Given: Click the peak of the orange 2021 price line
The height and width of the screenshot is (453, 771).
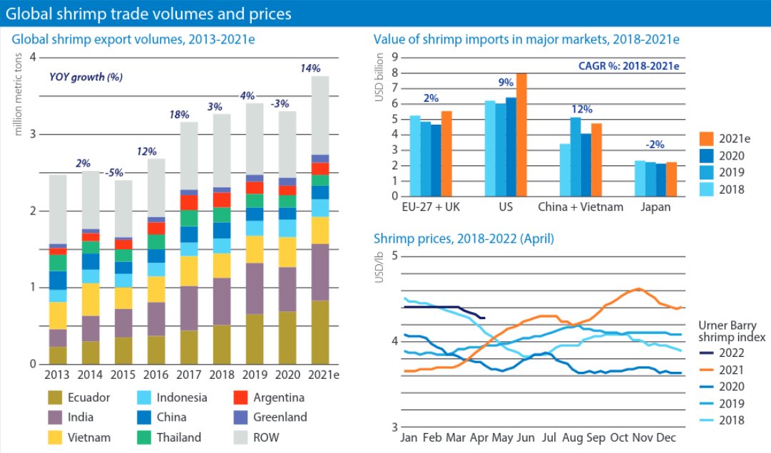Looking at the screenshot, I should (x=638, y=288).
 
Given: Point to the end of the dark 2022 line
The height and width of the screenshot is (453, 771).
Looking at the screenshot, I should (x=484, y=318).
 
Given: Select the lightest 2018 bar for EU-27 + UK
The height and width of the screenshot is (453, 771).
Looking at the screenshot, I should (x=415, y=156).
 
